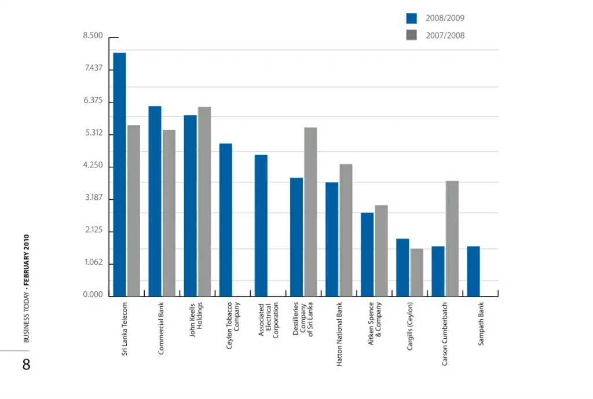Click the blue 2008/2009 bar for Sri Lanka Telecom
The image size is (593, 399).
[119, 174]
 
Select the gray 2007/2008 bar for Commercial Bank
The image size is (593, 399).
[169, 213]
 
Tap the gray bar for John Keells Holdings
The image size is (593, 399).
[204, 201]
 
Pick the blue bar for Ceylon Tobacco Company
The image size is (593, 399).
[225, 219]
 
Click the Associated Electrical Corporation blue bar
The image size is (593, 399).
[261, 225]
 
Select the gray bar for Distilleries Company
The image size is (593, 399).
[310, 211]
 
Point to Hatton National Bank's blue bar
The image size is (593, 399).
[332, 239]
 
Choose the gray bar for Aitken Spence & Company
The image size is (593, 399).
[381, 250]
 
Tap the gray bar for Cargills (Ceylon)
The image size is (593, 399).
[416, 272]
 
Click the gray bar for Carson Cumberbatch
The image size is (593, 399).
[452, 238]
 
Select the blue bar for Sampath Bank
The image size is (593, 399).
[473, 271]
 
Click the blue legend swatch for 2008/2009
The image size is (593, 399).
[411, 18]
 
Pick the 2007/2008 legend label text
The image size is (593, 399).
[445, 35]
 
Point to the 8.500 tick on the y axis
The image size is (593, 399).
[93, 36]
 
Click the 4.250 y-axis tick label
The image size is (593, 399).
[93, 166]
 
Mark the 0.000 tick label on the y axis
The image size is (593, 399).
[93, 295]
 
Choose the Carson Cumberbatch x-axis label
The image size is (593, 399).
[445, 334]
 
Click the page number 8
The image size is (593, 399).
[26, 365]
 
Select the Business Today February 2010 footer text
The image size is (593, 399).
[26, 288]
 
